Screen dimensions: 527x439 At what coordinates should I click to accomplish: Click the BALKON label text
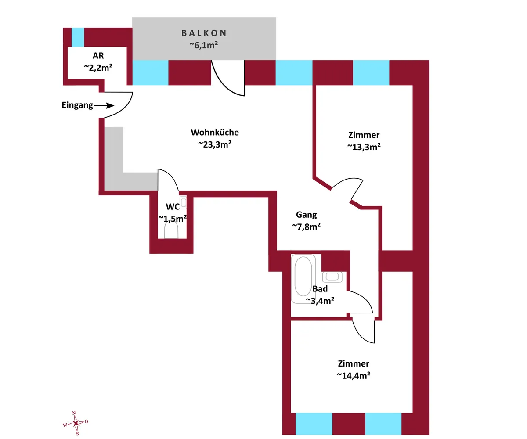tap(204, 33)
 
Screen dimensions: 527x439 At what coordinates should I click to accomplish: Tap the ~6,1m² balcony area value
tap(204, 45)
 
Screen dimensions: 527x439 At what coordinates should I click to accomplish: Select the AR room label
tap(98, 55)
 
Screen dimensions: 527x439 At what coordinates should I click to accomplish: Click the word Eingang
tap(77, 105)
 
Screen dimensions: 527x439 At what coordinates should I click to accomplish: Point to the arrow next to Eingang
tap(104, 105)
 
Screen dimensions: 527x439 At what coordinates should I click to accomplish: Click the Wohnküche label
tap(215, 132)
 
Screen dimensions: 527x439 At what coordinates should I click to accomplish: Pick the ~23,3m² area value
tap(215, 144)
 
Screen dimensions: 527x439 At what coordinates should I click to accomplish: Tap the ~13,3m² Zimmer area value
tap(364, 147)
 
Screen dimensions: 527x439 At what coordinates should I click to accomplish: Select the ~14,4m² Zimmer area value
tap(354, 376)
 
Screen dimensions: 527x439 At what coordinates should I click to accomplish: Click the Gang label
tap(307, 215)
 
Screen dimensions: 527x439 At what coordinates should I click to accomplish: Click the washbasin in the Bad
tap(332, 277)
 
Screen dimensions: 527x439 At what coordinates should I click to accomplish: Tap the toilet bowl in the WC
tap(171, 230)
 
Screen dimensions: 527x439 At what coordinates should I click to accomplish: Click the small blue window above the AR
tap(78, 37)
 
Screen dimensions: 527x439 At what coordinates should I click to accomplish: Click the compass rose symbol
tap(76, 423)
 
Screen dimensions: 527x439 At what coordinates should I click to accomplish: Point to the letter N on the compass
tap(74, 413)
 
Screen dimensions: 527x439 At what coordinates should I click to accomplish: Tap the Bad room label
tap(320, 289)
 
